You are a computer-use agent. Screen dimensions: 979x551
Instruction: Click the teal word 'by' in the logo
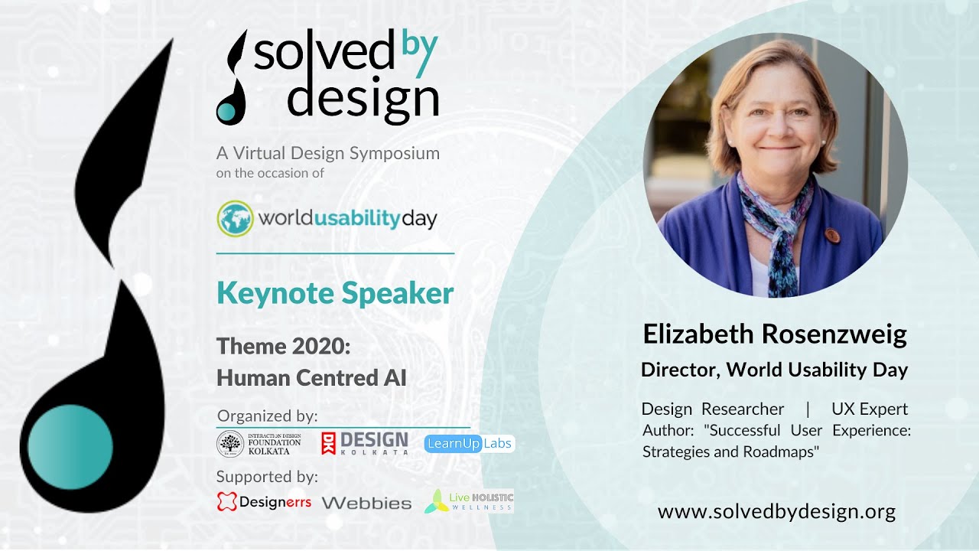419,51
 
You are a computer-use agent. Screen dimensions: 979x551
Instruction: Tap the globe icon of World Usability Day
235,218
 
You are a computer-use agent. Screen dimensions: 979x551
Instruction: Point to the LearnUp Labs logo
470,443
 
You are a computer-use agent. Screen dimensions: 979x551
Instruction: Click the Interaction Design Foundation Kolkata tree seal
230,444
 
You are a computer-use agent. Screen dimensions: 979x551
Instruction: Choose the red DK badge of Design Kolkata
328,443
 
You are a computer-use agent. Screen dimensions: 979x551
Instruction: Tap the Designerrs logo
264,502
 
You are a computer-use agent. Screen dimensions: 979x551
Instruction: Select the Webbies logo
366,504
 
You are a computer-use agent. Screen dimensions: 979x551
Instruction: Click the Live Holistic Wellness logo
469,501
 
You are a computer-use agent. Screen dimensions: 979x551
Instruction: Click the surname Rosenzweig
834,334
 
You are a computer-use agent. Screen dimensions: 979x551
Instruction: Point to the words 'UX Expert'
870,409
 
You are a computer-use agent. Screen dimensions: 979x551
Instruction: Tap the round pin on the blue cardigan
833,236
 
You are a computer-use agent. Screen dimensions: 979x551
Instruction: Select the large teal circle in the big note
70,447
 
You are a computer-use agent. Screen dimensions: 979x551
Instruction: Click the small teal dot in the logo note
226,112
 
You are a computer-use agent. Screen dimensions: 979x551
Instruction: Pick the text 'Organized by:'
268,416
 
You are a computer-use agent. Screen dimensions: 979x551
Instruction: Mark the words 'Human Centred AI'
311,378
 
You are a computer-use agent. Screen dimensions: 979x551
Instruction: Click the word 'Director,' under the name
680,370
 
